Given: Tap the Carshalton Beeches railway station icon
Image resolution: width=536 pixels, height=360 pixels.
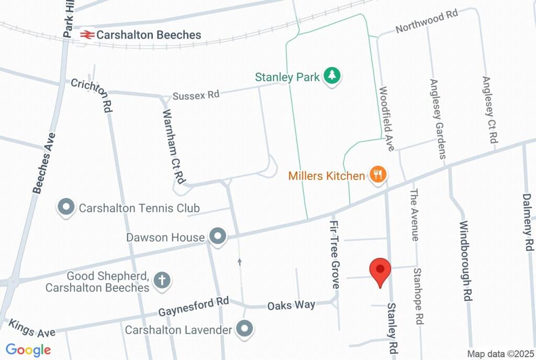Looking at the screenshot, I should [x=87, y=35].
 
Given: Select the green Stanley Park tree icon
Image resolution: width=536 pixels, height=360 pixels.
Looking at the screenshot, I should [x=332, y=76].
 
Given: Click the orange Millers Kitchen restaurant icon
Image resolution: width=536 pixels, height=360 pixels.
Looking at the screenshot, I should [x=378, y=175].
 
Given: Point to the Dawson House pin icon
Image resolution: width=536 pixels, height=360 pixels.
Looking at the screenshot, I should [x=217, y=237].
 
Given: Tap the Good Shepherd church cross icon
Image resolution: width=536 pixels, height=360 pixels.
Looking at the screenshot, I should [x=162, y=280].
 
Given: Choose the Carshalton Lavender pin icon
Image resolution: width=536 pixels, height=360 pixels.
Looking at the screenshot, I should [x=244, y=330].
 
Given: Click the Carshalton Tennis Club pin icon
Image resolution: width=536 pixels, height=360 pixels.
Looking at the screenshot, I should [x=66, y=208].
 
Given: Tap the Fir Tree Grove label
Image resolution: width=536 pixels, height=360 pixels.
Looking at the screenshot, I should [x=334, y=254].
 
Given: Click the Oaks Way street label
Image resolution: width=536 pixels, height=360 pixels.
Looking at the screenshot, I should [x=291, y=305].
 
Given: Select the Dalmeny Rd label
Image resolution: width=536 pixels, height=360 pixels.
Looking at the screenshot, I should [x=527, y=222].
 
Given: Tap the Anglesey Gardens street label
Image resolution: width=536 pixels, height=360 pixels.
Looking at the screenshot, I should [x=438, y=119].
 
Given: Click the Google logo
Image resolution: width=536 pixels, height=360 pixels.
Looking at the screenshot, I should [x=28, y=350].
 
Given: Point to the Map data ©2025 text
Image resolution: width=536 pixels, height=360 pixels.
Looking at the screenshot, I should [x=500, y=354].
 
